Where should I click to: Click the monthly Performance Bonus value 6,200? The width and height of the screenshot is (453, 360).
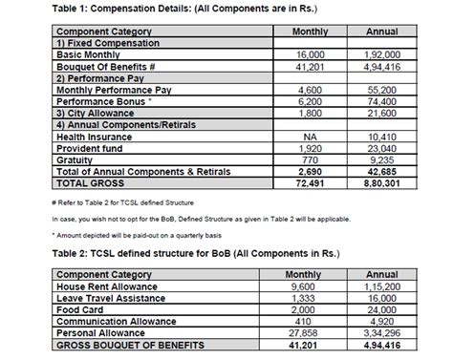tap(298, 99)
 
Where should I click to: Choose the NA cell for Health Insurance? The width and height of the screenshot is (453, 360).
tap(298, 137)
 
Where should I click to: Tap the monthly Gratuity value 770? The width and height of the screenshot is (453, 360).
tap(298, 159)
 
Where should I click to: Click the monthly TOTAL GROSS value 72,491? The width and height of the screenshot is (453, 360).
tap(298, 181)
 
